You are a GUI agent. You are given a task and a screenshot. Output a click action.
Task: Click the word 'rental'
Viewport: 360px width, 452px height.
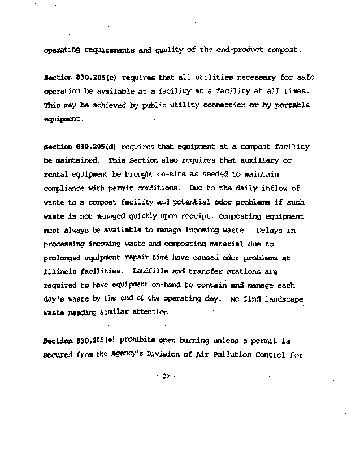coord(57,175)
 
